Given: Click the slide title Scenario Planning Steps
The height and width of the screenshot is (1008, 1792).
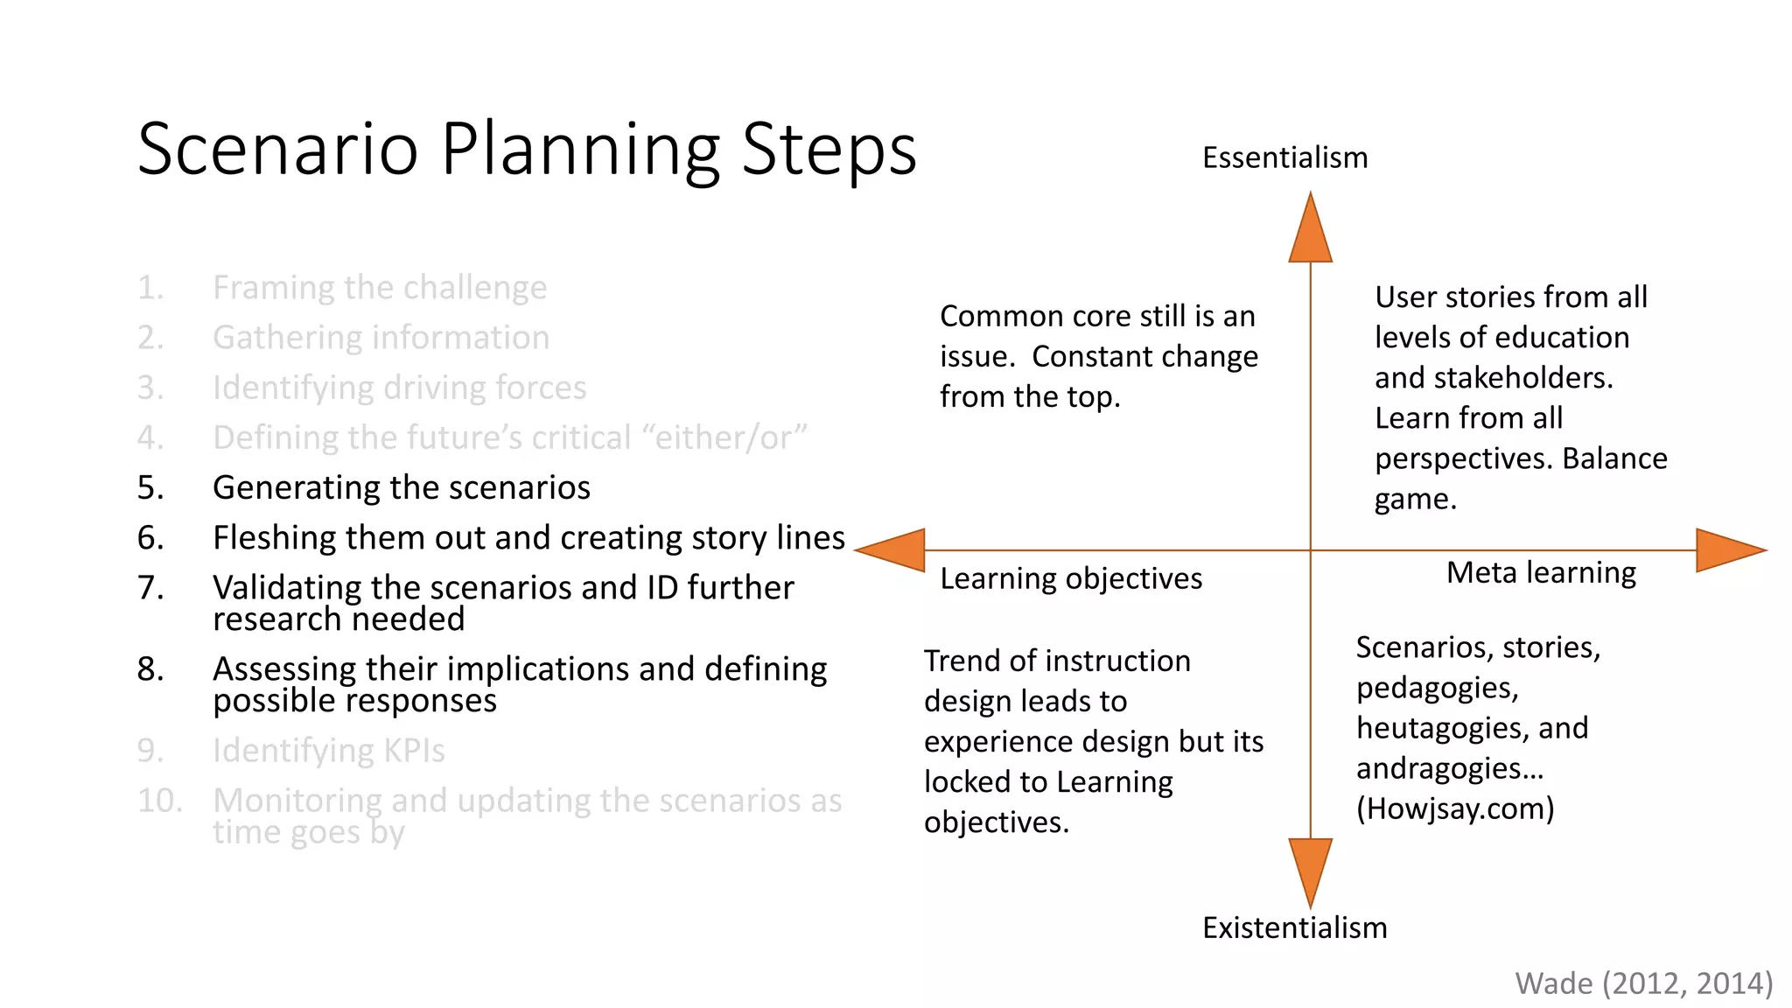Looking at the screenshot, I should pos(527,150).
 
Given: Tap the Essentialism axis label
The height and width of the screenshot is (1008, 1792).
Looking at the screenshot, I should pos(1284,158).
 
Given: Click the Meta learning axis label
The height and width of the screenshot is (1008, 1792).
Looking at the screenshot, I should pos(1541,573).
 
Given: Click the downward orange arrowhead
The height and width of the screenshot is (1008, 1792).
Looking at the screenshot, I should pos(1310,870).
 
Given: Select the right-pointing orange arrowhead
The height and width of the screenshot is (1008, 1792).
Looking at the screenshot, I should pos(1728,550).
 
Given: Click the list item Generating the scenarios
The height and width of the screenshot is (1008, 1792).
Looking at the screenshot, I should pos(402,488).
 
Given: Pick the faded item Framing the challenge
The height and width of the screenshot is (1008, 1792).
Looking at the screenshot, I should pos(380,288).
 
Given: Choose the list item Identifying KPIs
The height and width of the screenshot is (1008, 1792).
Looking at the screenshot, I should pos(328,751).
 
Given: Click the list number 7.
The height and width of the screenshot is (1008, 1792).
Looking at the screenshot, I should pos(150,588).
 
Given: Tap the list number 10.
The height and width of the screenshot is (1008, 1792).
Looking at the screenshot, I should pos(159,801).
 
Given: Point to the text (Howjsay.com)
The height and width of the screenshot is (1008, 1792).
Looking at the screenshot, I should pos(1455,808).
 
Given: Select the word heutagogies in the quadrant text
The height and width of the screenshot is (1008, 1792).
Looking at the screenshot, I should pos(1436,728).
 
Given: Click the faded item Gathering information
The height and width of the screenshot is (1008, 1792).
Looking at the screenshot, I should pos(381,338).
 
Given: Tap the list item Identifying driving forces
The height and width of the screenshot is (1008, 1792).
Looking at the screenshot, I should pos(399,388).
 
